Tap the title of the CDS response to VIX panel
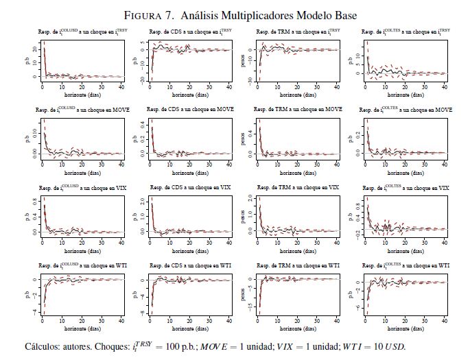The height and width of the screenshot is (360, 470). coord(189,187)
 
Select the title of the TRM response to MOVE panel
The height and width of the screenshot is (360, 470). coord(298,110)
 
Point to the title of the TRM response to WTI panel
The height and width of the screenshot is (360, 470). coord(298,265)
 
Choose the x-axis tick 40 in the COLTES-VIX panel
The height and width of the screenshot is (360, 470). coord(443,242)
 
